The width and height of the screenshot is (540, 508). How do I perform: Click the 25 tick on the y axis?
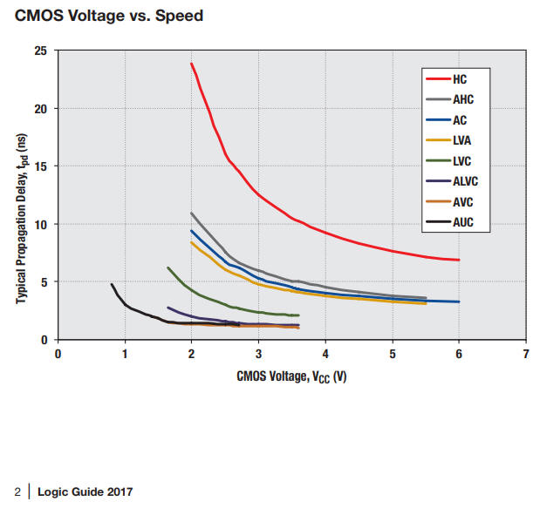click(41, 51)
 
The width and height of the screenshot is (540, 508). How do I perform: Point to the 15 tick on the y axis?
click(41, 166)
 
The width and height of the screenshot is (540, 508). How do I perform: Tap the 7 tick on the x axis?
click(526, 355)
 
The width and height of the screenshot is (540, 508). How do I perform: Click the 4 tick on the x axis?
click(325, 355)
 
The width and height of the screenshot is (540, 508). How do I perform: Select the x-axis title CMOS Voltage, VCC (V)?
click(291, 376)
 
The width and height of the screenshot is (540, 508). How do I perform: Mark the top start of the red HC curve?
click(191, 64)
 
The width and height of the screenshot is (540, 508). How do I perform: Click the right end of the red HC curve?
click(459, 260)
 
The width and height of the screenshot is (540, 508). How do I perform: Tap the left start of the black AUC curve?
click(112, 284)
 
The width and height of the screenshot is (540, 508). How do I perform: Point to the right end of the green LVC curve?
click(298, 315)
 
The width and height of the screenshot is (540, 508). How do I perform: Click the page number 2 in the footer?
click(17, 492)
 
